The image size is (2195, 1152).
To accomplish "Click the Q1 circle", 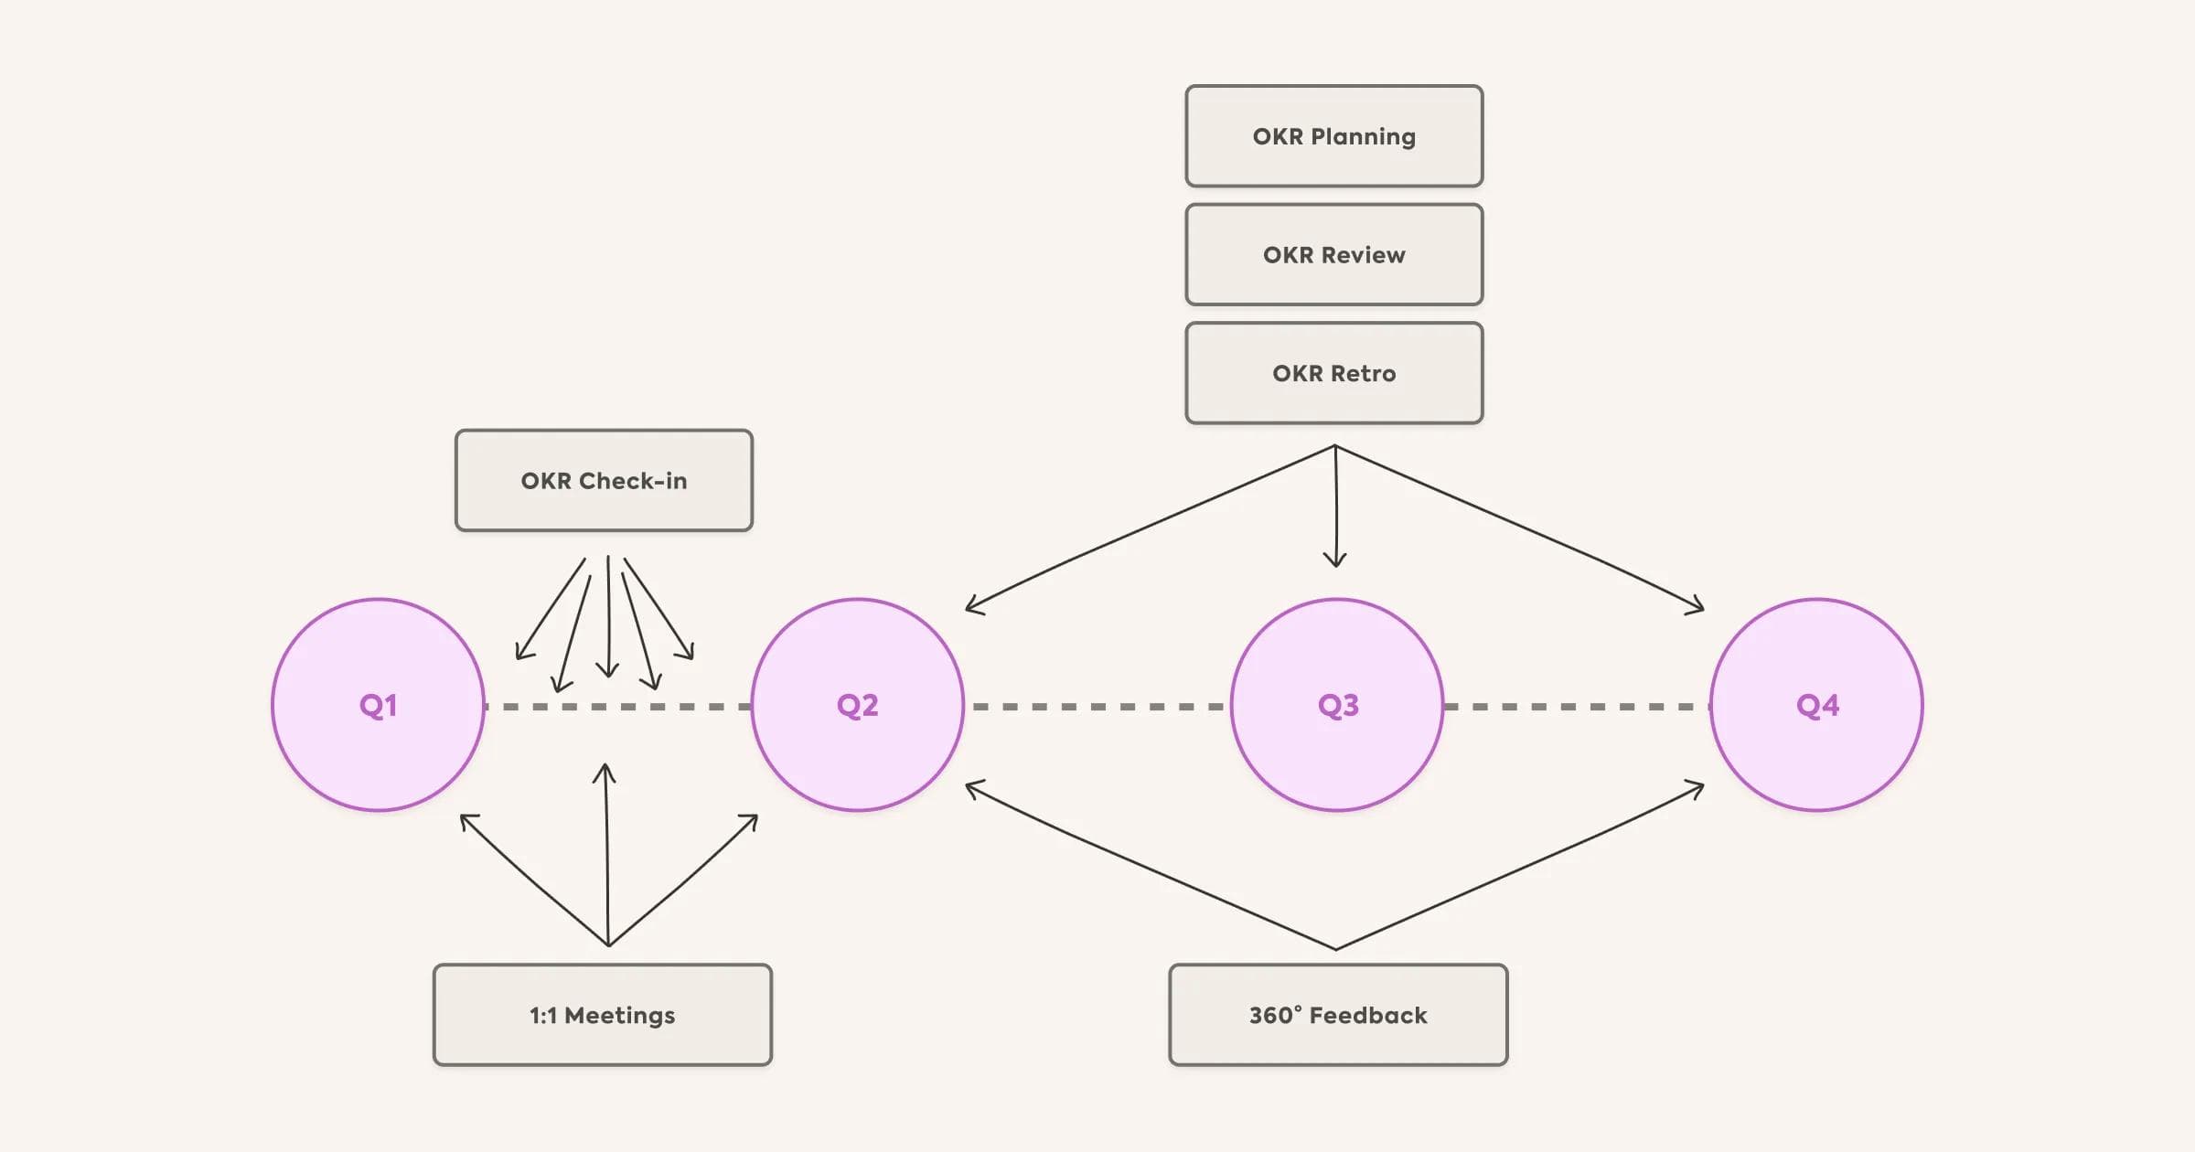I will pos(378,705).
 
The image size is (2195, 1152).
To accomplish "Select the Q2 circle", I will pos(857,705).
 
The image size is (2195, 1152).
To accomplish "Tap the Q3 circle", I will pos(1337,705).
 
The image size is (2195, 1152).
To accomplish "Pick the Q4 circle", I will pos(1816,705).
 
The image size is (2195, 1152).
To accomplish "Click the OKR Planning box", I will pos(1333,136).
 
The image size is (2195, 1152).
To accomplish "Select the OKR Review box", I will pos(1333,255).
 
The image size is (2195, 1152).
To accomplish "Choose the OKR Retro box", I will pos(1333,373).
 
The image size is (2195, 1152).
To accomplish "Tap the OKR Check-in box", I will pos(604,481).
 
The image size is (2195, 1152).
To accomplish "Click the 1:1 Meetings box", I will pos(603,1015).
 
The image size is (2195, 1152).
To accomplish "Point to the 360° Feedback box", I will pos(1338,1015).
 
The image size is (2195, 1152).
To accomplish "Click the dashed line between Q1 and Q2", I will pos(617,707).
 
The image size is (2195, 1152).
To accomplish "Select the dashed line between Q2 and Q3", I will pos(1097,707).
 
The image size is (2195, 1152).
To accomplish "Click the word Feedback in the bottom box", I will pos(1368,1016).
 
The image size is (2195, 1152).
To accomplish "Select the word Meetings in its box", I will pos(620,1016).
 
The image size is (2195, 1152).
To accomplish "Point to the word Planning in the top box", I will pos(1363,137).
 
